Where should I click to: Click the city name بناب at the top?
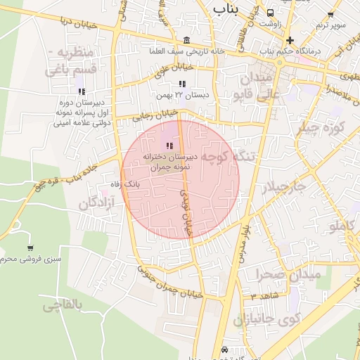[x=225, y=9]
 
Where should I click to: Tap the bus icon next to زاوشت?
[x=271, y=13]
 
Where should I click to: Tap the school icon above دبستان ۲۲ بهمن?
[x=183, y=84]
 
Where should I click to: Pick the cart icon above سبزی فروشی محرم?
[x=30, y=248]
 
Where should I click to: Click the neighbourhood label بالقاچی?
[x=63, y=305]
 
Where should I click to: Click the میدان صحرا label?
[x=288, y=274]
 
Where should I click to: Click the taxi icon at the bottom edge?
[x=224, y=350]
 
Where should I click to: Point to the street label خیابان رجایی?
[x=154, y=114]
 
